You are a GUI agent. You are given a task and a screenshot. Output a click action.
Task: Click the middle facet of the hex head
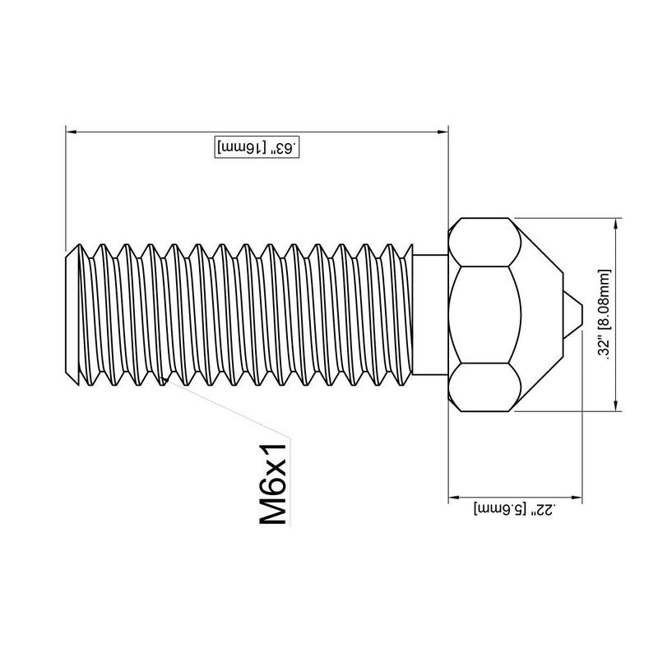[485, 315]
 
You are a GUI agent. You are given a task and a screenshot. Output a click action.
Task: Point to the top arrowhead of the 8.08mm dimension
[616, 224]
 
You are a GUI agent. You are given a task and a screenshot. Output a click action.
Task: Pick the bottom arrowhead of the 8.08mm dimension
[616, 405]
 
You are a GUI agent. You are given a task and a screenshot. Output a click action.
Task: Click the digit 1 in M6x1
[271, 449]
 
